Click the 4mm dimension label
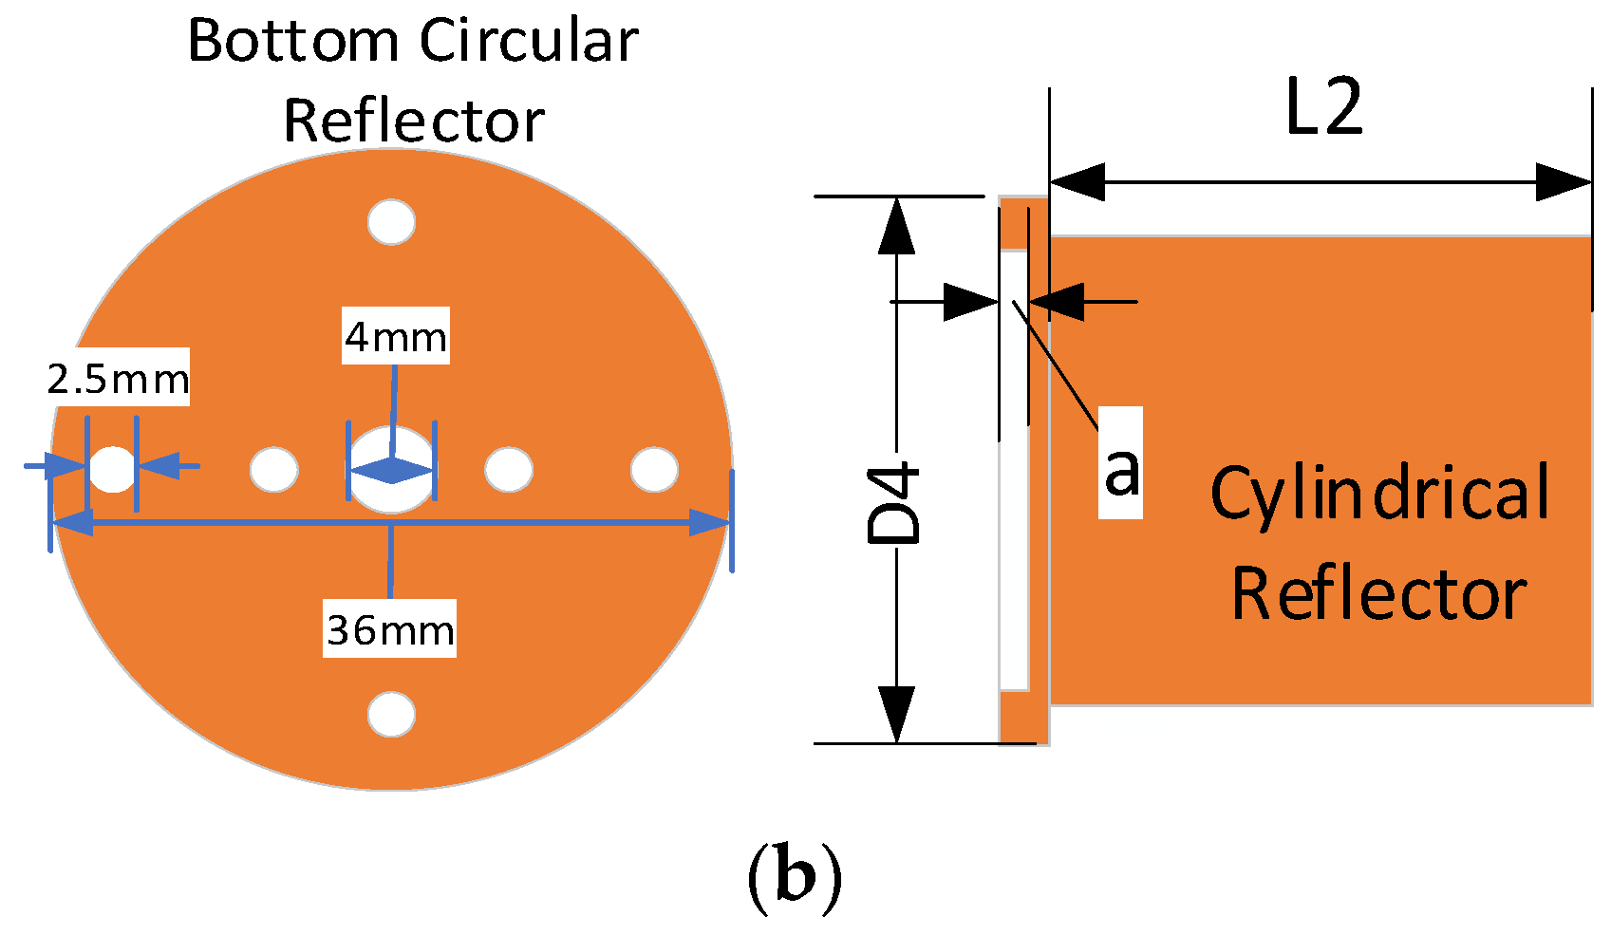pos(395,336)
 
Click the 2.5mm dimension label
pos(118,379)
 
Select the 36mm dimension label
pos(389,629)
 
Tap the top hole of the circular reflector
pos(391,222)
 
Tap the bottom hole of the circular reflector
pos(391,714)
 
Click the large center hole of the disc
pos(391,456)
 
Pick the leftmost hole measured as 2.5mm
pos(113,469)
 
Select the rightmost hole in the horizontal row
pos(654,469)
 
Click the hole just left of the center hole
pos(273,469)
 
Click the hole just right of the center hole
pos(509,469)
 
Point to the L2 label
pos(1323,107)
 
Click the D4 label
pos(895,503)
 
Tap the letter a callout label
pos(1120,467)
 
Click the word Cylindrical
pos(1380,493)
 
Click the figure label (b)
pos(795,877)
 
